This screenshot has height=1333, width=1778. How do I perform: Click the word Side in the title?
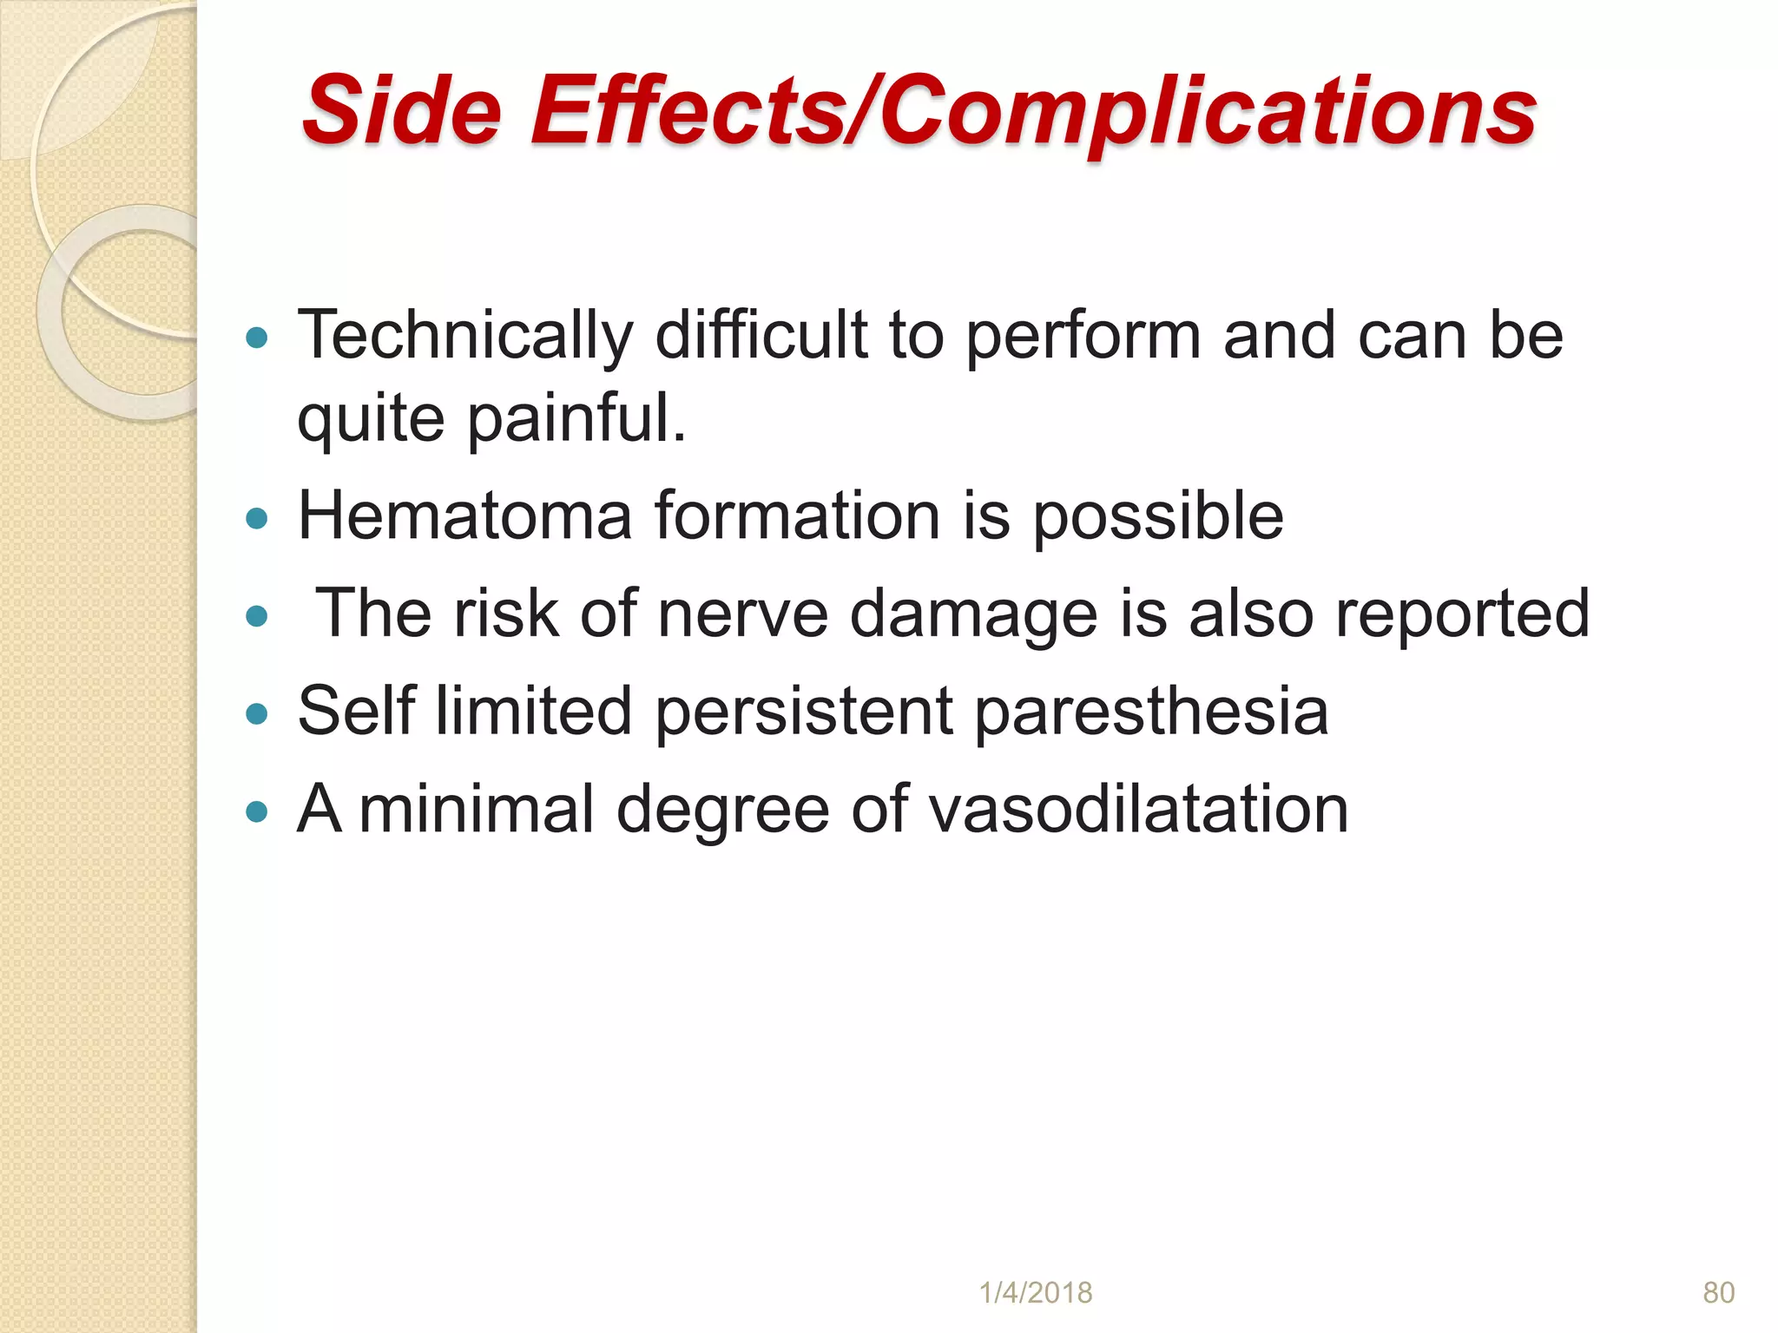402,110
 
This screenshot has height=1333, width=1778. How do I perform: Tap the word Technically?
465,336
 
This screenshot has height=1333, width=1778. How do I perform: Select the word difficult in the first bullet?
761,336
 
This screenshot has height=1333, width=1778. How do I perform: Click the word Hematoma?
464,516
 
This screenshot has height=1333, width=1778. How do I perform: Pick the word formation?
798,516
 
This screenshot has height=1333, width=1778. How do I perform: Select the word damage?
973,614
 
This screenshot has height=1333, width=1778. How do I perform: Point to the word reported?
1462,614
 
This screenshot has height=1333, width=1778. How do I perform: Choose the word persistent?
803,711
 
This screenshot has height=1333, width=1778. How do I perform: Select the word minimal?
476,809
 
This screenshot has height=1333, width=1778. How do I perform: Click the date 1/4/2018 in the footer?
1036,1293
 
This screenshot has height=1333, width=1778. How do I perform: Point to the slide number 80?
1718,1293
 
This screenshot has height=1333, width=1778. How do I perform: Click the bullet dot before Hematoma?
257,519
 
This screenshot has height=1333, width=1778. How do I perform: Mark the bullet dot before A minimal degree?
257,812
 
